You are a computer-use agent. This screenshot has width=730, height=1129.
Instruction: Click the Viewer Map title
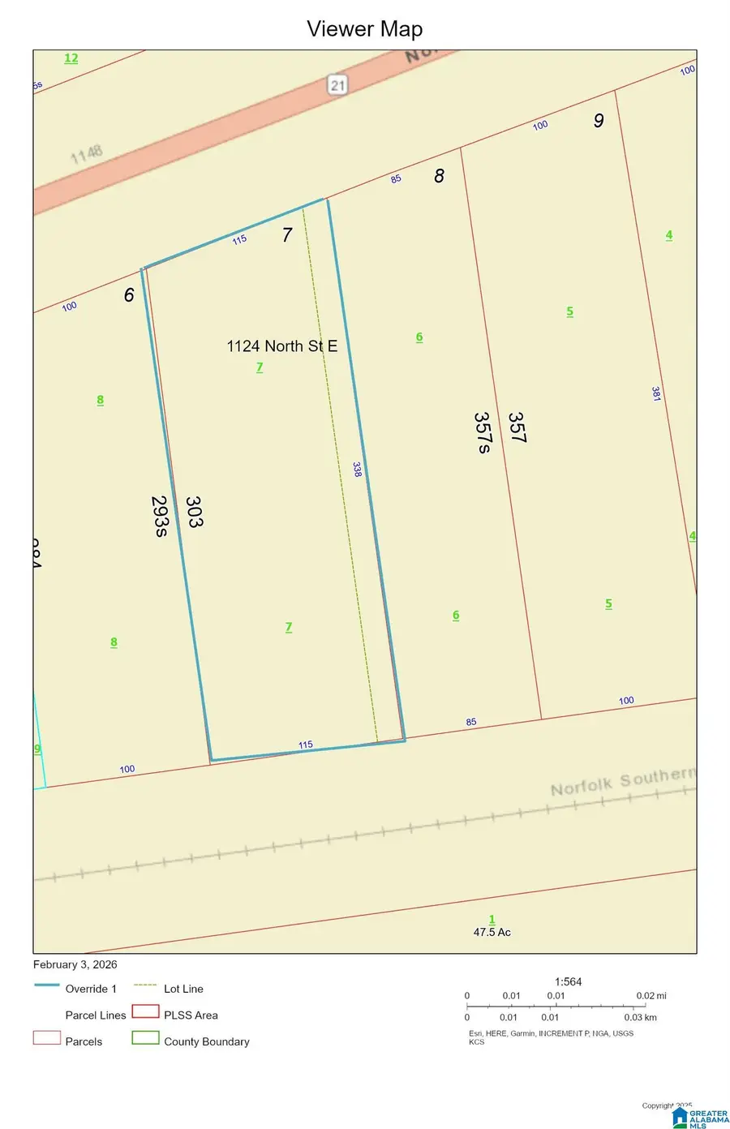point(364,29)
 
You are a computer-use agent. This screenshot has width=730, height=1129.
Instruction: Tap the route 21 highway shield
point(337,84)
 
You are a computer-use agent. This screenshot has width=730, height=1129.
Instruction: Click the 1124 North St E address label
point(281,346)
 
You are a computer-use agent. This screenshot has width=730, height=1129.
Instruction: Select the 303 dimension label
point(194,512)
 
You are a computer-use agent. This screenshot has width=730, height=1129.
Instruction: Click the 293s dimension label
point(160,516)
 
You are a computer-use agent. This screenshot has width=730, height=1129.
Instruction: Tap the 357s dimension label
point(482,432)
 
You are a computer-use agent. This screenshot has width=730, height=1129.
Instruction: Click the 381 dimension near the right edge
point(656,394)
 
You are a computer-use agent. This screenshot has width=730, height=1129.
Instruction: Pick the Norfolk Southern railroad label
point(622,782)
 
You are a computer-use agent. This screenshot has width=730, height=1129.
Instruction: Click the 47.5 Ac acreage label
point(492,932)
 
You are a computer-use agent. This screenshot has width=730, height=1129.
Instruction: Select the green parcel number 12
point(71,58)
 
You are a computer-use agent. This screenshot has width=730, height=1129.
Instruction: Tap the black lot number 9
point(599,121)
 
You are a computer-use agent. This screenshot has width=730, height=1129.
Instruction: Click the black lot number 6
point(129,295)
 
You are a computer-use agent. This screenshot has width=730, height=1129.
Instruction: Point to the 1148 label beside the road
point(87,153)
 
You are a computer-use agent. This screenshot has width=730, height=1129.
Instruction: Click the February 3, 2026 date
point(75,964)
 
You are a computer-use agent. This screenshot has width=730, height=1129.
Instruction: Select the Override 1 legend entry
point(91,989)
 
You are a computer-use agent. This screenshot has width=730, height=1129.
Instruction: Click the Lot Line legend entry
point(183,989)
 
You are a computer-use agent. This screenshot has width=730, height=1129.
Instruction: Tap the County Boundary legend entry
point(206,1041)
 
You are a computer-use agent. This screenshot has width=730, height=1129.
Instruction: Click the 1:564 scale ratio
point(568,981)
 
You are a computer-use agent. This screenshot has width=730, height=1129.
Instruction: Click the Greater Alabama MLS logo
point(701,1118)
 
